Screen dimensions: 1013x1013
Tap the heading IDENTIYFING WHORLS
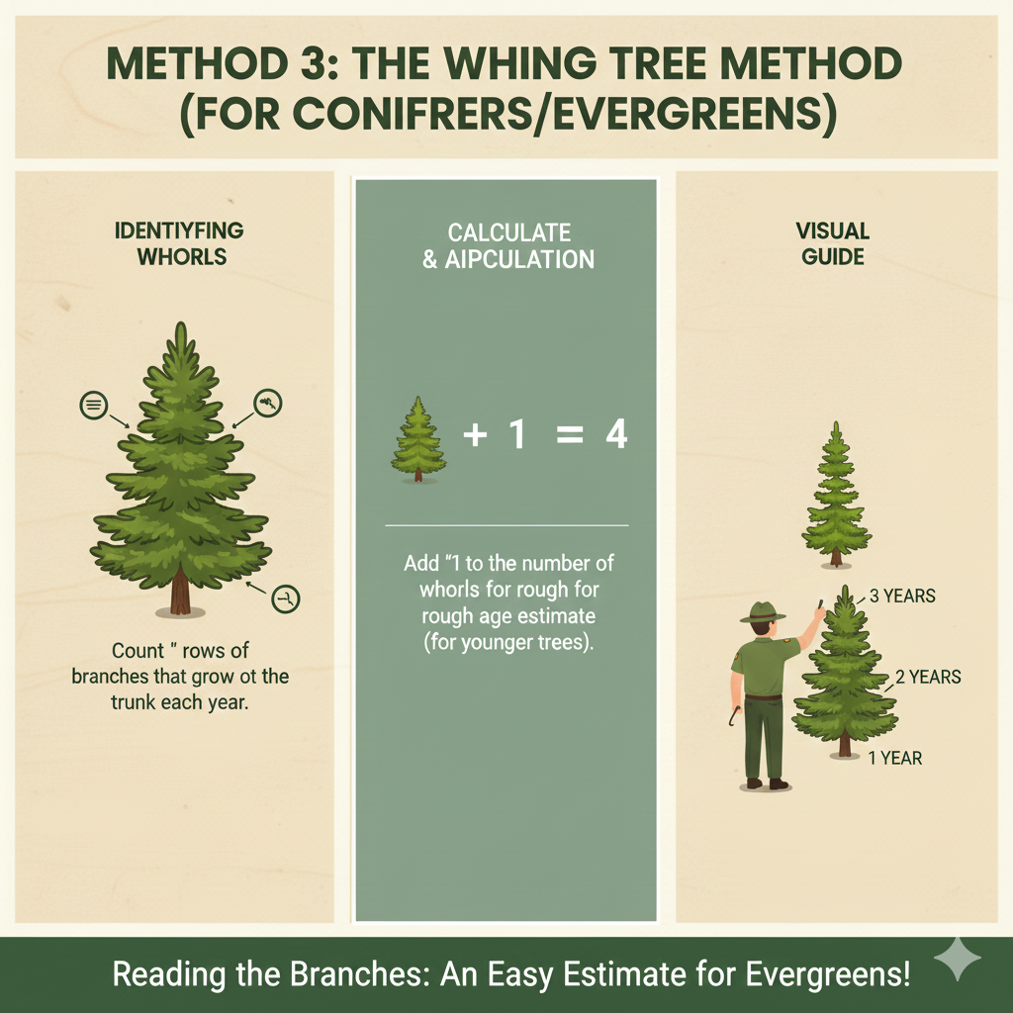coord(180,243)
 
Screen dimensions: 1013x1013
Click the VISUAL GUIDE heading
coord(832,243)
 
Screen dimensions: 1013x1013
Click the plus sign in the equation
coord(475,435)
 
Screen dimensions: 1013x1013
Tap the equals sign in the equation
coord(569,435)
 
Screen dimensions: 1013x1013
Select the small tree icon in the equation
coord(418,440)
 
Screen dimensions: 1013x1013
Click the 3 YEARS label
coord(901,597)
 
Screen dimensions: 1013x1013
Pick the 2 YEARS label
coord(927,678)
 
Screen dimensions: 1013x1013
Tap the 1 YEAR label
coord(895,759)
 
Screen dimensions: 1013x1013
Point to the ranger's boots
coord(766,783)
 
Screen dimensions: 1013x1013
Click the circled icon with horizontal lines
coord(93,404)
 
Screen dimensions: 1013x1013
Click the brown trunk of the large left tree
coord(179,594)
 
